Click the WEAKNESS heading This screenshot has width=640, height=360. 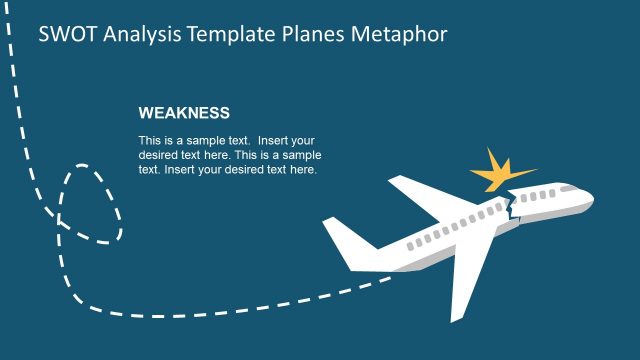(x=184, y=113)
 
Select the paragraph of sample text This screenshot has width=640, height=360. (x=229, y=155)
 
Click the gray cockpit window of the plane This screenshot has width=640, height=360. (x=569, y=188)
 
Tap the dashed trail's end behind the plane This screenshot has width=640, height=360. (x=385, y=281)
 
